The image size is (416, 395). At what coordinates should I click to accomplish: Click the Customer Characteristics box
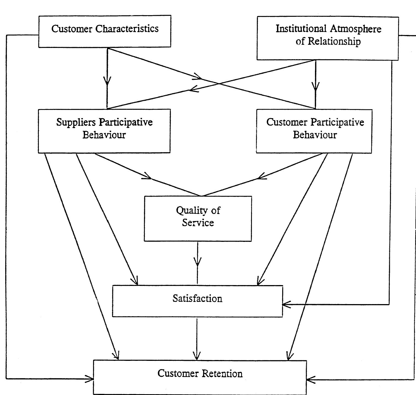105,31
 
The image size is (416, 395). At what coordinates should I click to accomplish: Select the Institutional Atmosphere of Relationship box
328,38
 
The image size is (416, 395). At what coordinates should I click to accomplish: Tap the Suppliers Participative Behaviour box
104,131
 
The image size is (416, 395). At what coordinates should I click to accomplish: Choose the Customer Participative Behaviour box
314,131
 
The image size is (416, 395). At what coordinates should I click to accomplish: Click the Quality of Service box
198,219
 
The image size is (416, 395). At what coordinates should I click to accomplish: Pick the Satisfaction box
197,301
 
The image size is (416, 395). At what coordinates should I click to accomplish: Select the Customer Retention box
200,377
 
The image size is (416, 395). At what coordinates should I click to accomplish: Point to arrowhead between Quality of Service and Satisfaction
197,263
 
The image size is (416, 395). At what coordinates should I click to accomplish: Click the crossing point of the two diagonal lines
219,83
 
